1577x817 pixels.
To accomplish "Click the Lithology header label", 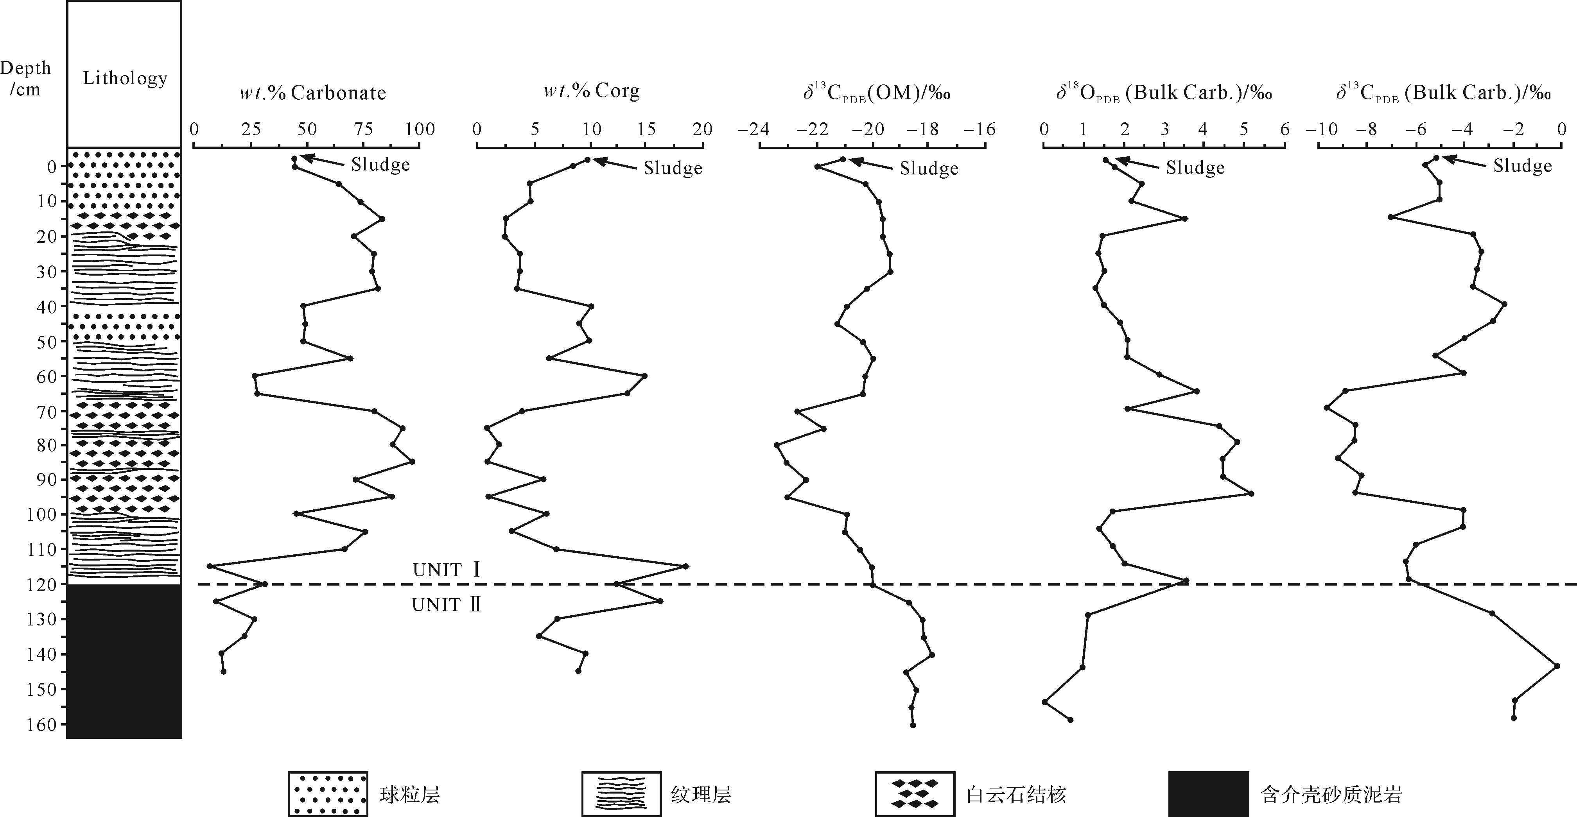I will [x=125, y=78].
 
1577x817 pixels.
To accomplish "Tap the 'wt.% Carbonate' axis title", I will [x=312, y=93].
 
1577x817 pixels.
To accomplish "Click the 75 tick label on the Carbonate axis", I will [x=364, y=129].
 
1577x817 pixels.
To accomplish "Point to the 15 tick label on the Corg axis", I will [x=646, y=129].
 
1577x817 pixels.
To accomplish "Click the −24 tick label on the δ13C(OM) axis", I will [x=753, y=129].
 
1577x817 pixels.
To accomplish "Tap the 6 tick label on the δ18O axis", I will [x=1285, y=129].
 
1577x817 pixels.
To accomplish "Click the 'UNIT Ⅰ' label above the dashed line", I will [x=446, y=570].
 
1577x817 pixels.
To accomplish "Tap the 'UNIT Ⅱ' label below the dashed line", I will [x=446, y=605].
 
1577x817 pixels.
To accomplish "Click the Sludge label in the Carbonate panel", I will [x=380, y=165].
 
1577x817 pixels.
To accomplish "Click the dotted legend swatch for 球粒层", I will [x=328, y=794].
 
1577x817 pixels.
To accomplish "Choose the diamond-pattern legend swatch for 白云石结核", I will [x=915, y=794].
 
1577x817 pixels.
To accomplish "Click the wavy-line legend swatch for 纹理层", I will [x=621, y=794].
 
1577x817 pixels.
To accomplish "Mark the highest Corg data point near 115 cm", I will [x=685, y=566].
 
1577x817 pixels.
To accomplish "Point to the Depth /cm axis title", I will [x=26, y=78].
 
